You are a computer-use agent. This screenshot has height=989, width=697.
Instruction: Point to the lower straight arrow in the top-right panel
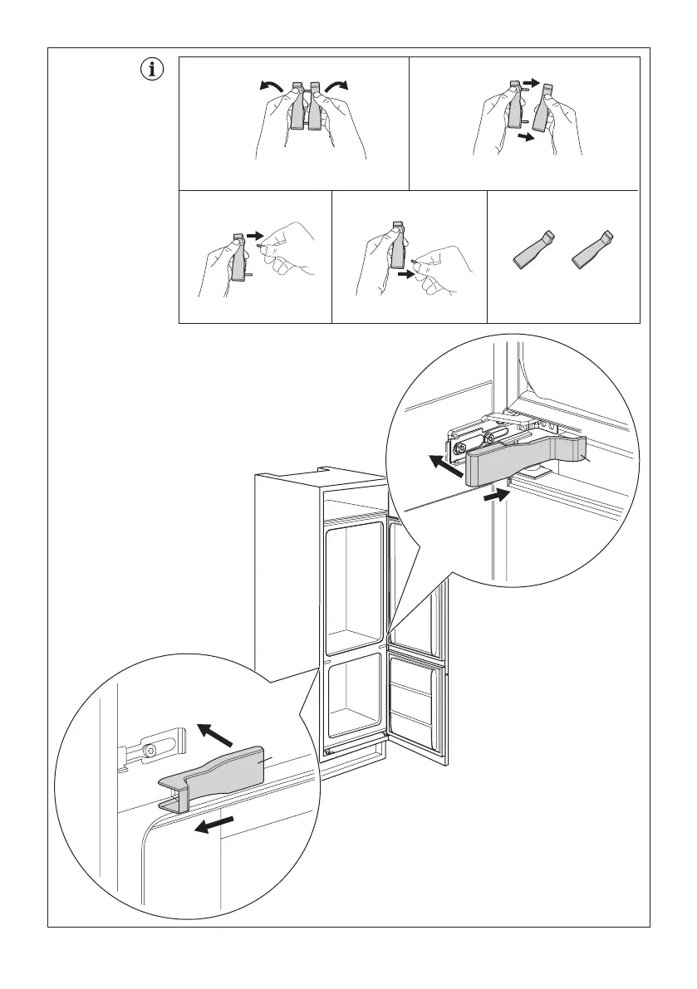pos(524,139)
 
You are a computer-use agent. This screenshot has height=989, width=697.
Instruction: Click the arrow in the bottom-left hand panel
pos(256,236)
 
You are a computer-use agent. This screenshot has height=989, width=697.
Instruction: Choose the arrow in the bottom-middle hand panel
pos(407,272)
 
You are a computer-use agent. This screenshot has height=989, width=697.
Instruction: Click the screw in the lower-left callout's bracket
pos(150,750)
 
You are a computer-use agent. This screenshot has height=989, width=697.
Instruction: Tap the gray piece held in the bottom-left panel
pos(238,257)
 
